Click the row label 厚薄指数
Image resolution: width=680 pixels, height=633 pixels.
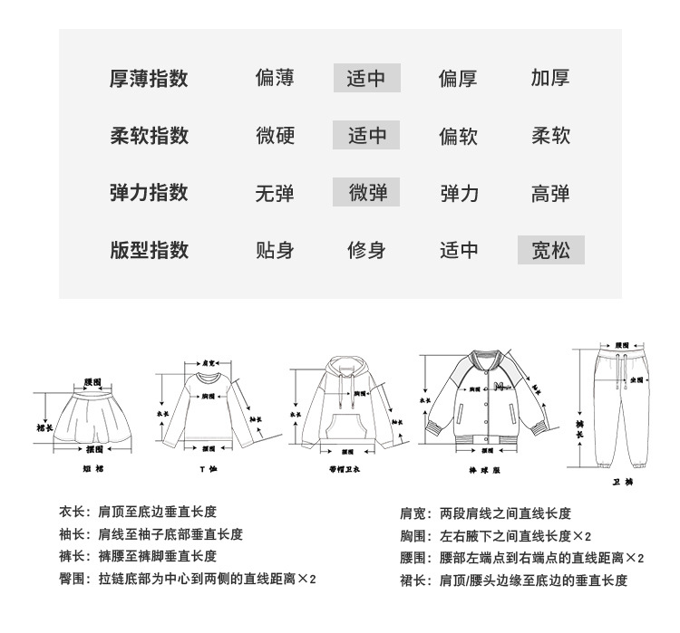point(149,79)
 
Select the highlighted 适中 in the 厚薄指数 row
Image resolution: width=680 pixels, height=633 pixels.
point(366,79)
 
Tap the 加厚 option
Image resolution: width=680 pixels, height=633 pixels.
point(550,79)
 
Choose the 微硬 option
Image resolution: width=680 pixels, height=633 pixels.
point(275,136)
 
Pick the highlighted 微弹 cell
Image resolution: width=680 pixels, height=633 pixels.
point(366,192)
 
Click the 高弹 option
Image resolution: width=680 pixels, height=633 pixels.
point(550,193)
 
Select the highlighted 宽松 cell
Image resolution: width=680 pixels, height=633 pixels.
point(550,250)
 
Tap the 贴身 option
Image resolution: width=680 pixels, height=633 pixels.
point(275,250)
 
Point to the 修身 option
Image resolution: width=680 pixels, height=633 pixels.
point(366,250)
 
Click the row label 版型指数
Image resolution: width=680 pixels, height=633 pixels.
point(149,250)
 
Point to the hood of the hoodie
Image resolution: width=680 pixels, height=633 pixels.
point(344,367)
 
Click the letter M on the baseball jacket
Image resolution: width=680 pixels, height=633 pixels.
point(498,388)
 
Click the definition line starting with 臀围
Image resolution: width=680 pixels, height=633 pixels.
point(187,578)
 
